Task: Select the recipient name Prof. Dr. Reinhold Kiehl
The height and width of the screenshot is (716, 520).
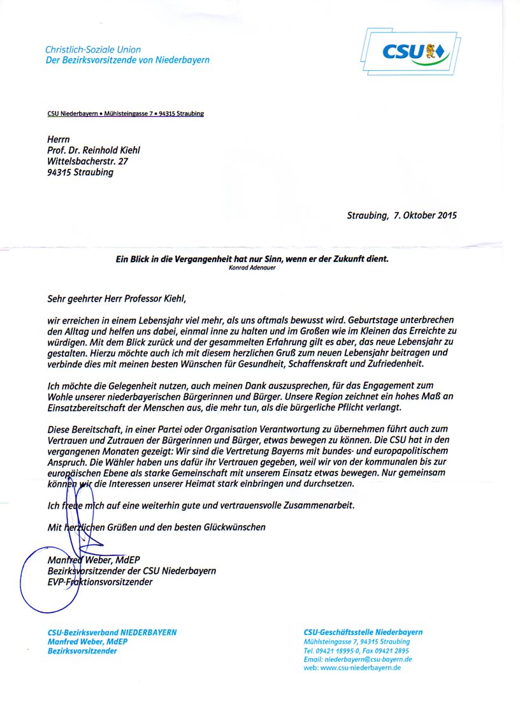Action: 93,150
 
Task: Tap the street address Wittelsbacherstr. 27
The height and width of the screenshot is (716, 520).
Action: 87,161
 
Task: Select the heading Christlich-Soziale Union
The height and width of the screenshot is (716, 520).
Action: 93,50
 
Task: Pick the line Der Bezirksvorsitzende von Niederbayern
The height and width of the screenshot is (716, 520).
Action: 127,61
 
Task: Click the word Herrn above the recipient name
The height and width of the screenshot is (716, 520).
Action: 58,138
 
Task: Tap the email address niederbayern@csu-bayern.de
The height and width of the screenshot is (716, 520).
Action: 358,659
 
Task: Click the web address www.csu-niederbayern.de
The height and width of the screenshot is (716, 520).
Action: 352,668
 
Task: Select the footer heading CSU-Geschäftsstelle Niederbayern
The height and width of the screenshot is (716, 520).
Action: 363,632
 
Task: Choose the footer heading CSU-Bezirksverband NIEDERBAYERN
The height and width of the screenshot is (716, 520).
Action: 112,632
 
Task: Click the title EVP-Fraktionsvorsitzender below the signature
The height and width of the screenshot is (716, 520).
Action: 100,581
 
